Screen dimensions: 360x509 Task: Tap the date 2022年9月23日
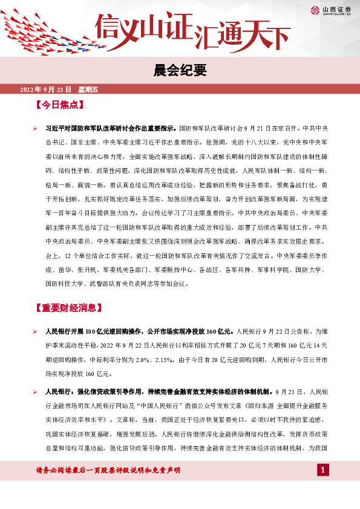[x=46, y=89]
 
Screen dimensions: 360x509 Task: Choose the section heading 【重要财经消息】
[x=68, y=308]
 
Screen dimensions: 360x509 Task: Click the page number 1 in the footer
[x=324, y=470]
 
